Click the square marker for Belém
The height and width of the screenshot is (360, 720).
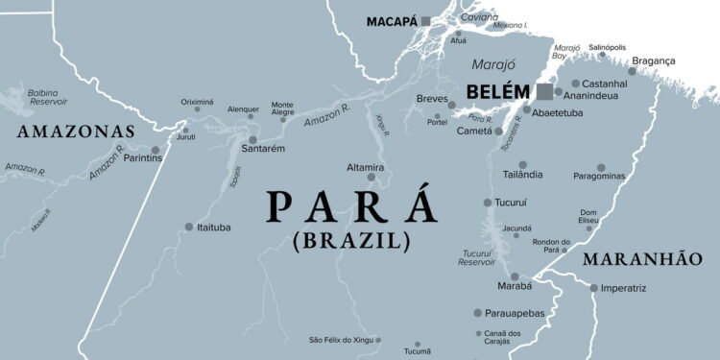tap(544, 92)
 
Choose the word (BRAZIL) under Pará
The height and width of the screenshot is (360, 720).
tap(351, 240)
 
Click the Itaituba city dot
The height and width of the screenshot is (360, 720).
tap(189, 228)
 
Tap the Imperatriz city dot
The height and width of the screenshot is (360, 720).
tap(593, 287)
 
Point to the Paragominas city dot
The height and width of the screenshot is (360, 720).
tap(602, 167)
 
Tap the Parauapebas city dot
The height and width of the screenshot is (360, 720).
tap(477, 313)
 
